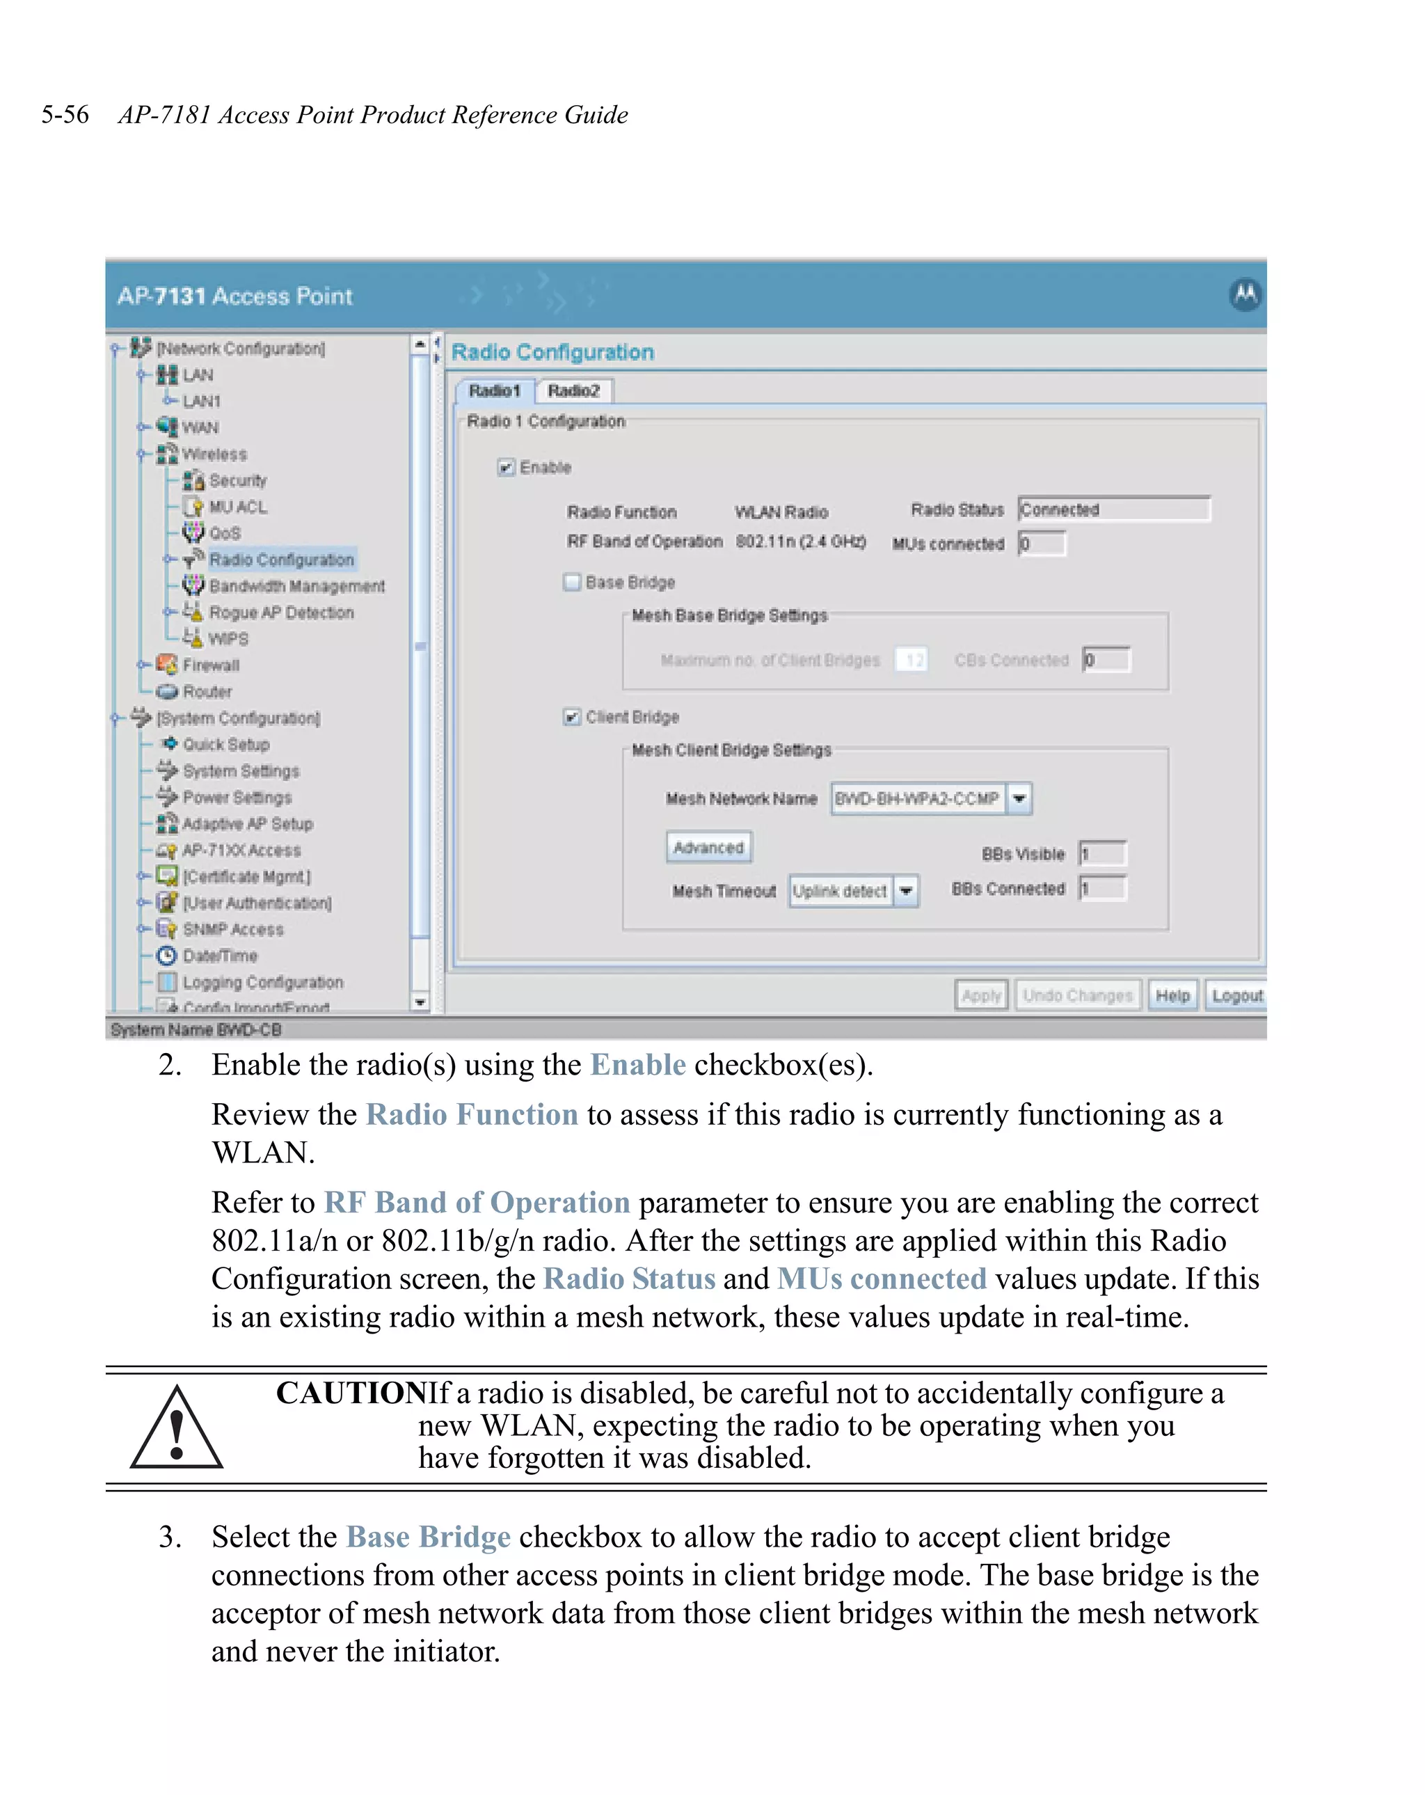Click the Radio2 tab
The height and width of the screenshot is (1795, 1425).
[x=573, y=390]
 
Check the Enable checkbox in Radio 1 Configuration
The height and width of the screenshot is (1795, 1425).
[x=505, y=467]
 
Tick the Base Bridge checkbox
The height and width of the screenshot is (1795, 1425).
[x=572, y=582]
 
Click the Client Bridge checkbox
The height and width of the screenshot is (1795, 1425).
[x=572, y=717]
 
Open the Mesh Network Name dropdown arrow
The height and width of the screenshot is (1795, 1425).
[x=1019, y=798]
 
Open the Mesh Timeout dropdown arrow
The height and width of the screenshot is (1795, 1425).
[x=906, y=891]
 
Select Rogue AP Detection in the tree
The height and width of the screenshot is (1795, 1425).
[x=281, y=612]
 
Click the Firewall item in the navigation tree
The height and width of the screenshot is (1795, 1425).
[x=211, y=665]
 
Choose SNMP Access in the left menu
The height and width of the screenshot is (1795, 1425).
[x=233, y=929]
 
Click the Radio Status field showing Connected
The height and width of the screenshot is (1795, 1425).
[x=1113, y=509]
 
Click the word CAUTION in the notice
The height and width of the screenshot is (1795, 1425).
[x=351, y=1393]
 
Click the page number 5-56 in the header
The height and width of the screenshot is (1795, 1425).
[x=65, y=114]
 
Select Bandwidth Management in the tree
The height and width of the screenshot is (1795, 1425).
[x=296, y=586]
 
